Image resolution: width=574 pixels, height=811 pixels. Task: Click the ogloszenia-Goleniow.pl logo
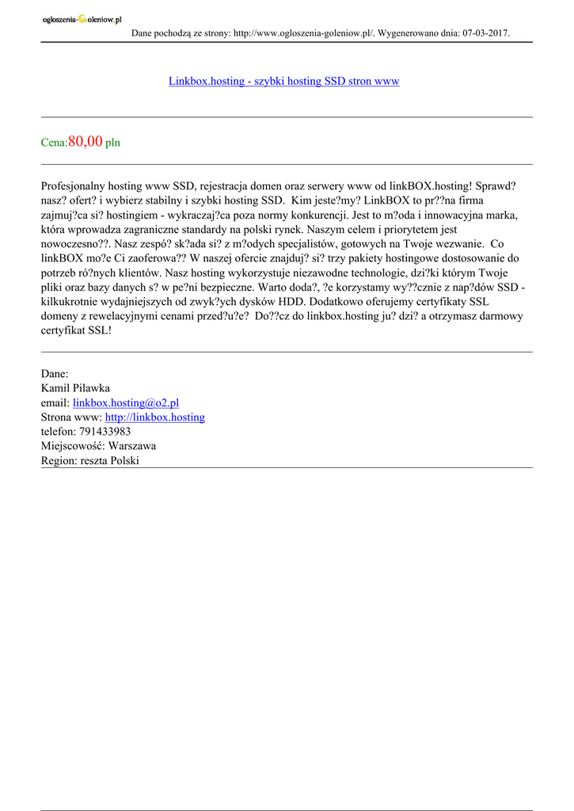[82, 20]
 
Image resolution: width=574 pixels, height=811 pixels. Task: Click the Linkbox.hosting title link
[283, 82]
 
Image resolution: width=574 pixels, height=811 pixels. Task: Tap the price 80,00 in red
[86, 142]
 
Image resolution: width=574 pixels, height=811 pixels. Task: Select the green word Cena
[54, 143]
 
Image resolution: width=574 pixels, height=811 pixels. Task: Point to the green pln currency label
[112, 143]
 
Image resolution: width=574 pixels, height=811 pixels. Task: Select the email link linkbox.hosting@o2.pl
[126, 402]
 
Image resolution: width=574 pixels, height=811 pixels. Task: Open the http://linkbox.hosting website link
[155, 417]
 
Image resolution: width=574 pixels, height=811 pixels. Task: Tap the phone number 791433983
[105, 432]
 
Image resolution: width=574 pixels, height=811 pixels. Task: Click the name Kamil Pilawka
[75, 388]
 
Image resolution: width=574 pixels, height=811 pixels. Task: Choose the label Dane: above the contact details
[55, 373]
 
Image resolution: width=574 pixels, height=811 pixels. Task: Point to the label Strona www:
[71, 417]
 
